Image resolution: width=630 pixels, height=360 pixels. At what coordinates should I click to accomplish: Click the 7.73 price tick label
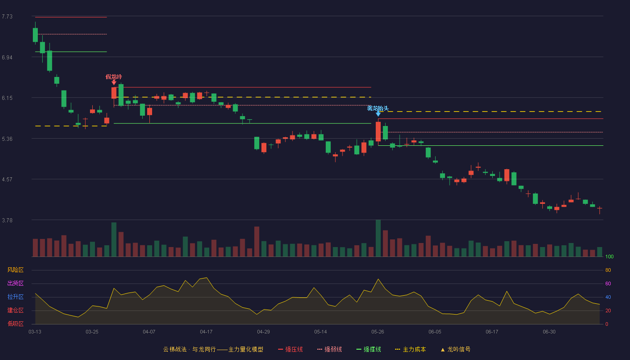(7, 17)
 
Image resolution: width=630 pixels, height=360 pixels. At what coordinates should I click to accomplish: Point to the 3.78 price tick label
(7, 220)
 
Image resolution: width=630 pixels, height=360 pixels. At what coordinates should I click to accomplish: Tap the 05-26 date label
(378, 332)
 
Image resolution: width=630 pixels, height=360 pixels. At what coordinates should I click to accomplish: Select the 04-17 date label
(206, 332)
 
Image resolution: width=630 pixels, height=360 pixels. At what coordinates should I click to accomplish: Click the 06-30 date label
(549, 332)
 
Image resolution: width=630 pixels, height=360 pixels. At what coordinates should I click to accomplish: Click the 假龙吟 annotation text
(113, 77)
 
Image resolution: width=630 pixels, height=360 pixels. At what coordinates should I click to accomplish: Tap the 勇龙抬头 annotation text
(378, 108)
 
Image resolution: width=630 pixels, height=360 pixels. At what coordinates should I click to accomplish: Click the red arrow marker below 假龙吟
(113, 82)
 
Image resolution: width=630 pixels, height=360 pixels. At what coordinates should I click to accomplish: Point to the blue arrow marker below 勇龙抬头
(378, 114)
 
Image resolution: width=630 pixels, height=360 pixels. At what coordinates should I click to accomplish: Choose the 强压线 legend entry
(290, 349)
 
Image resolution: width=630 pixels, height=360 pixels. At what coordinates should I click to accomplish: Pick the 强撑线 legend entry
(369, 349)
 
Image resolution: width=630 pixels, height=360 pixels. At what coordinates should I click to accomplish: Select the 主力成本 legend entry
(410, 349)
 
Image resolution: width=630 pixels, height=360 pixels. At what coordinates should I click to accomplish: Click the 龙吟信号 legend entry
(455, 349)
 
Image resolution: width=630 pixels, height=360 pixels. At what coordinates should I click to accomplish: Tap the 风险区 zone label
(15, 270)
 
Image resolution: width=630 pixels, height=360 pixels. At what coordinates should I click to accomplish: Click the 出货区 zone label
(15, 283)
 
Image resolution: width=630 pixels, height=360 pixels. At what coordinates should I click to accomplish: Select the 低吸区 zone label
(15, 324)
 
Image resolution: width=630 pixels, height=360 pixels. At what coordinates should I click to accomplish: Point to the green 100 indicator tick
(609, 256)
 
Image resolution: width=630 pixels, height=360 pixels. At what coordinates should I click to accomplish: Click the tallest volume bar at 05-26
(378, 238)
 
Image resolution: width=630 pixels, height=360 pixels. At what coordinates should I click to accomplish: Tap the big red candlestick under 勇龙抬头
(378, 131)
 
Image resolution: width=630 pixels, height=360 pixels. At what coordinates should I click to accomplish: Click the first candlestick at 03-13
(35, 35)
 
